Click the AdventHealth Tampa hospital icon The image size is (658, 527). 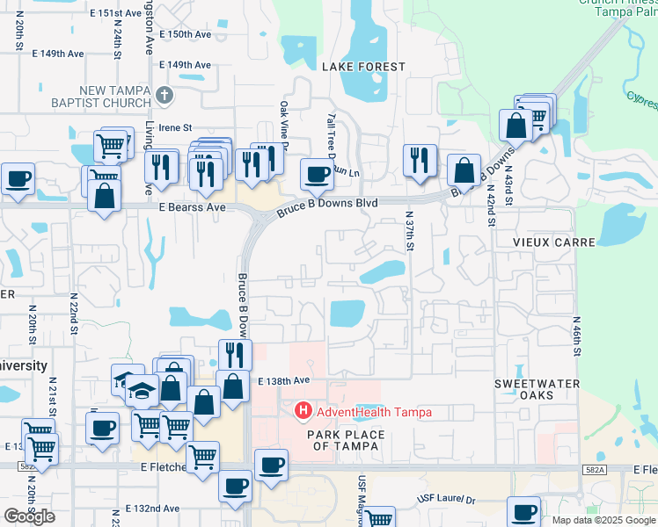point(303,410)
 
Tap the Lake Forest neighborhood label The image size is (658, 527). point(363,67)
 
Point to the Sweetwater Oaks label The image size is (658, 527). point(537,389)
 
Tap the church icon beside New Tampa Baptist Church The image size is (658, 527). point(164,95)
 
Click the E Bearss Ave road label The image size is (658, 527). point(192,207)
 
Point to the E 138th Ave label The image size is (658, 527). point(284,380)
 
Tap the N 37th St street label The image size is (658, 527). point(409,230)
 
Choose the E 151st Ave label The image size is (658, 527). point(115,14)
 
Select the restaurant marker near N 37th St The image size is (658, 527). point(419,160)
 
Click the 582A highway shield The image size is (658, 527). point(592,471)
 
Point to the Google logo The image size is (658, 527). point(29,516)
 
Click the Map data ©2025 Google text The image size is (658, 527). point(603,520)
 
